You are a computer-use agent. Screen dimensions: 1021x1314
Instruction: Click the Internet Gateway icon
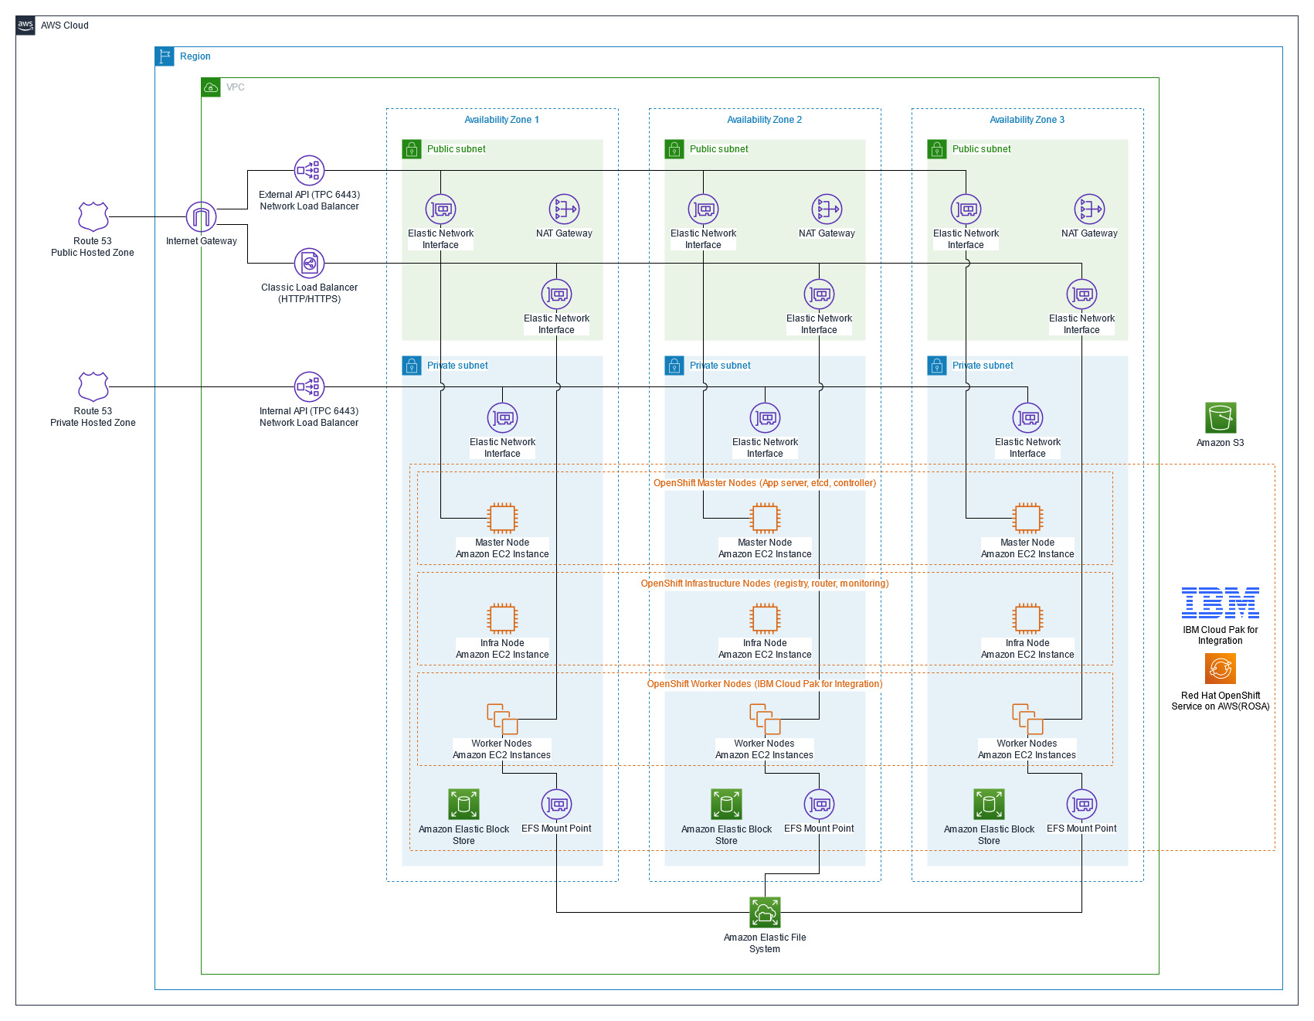pyautogui.click(x=201, y=217)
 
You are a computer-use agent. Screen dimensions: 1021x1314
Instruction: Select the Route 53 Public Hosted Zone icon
pyautogui.click(x=93, y=217)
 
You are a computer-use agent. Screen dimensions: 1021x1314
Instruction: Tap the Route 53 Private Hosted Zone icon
pyautogui.click(x=93, y=386)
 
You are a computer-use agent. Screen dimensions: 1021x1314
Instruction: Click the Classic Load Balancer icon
pyautogui.click(x=309, y=264)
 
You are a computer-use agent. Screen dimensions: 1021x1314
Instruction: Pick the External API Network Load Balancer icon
pyautogui.click(x=309, y=171)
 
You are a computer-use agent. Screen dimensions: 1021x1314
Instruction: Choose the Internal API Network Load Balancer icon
pyautogui.click(x=309, y=386)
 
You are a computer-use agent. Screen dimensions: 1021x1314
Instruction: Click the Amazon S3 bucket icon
pyautogui.click(x=1221, y=418)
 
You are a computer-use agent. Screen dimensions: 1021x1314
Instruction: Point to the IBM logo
pyautogui.click(x=1220, y=603)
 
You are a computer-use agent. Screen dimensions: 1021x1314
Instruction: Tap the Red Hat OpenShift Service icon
pyautogui.click(x=1220, y=669)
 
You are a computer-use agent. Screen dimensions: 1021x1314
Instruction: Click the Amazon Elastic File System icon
pyautogui.click(x=765, y=912)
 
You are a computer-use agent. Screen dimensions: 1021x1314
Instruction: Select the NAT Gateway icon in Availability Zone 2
pyautogui.click(x=827, y=209)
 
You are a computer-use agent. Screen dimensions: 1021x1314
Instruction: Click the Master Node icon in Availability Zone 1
pyautogui.click(x=502, y=518)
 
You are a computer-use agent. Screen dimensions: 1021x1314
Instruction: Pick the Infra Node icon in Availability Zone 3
pyautogui.click(x=1027, y=618)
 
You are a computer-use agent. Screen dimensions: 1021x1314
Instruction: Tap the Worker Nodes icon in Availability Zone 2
pyautogui.click(x=765, y=719)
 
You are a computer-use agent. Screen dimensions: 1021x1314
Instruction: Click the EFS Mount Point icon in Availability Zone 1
pyautogui.click(x=556, y=805)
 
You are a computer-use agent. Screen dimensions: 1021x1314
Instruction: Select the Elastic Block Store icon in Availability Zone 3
pyautogui.click(x=989, y=805)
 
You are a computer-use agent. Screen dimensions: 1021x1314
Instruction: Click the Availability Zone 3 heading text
pyautogui.click(x=1027, y=120)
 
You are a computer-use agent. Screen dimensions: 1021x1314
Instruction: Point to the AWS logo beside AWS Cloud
pyautogui.click(x=25, y=26)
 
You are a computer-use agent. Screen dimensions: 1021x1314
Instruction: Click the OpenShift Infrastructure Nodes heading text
pyautogui.click(x=764, y=584)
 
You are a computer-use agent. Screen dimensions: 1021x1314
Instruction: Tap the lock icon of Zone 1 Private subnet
pyautogui.click(x=412, y=366)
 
